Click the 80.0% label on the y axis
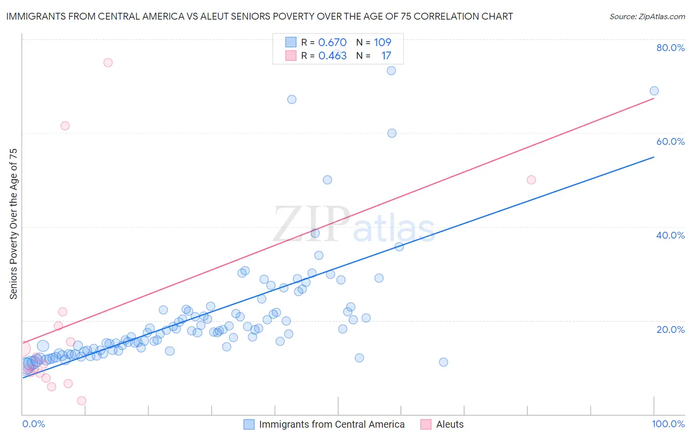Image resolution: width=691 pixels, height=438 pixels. pyautogui.click(x=670, y=48)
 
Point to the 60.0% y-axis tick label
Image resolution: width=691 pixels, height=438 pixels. pyautogui.click(x=670, y=141)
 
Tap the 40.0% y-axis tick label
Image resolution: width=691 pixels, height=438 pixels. pyautogui.click(x=670, y=235)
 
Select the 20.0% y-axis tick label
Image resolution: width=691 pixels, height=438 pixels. pyautogui.click(x=670, y=329)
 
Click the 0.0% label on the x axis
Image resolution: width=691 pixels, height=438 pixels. pyautogui.click(x=33, y=424)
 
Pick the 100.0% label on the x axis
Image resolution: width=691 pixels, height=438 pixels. pyautogui.click(x=668, y=424)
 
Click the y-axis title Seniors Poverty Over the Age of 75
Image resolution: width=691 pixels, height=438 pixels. pyautogui.click(x=13, y=223)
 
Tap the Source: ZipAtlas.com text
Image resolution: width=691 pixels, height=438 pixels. pyautogui.click(x=647, y=17)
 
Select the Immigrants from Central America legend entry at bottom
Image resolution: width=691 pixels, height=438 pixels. pyautogui.click(x=331, y=424)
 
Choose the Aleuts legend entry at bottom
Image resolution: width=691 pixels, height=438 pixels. pyautogui.click(x=449, y=424)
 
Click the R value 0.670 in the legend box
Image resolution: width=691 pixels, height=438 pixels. pyautogui.click(x=332, y=43)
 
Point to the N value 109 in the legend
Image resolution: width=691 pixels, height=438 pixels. pyautogui.click(x=382, y=43)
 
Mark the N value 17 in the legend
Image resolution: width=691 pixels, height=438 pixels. pyautogui.click(x=386, y=56)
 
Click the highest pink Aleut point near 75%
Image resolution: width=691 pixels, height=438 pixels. pyautogui.click(x=108, y=62)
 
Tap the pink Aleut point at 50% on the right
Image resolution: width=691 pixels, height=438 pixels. pyautogui.click(x=531, y=180)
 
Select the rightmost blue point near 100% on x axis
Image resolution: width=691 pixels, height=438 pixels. pyautogui.click(x=654, y=91)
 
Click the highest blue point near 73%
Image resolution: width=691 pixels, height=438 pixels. pyautogui.click(x=391, y=71)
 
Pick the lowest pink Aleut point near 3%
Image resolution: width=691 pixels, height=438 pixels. pyautogui.click(x=82, y=401)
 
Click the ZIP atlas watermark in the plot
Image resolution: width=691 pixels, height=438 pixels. pyautogui.click(x=354, y=224)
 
